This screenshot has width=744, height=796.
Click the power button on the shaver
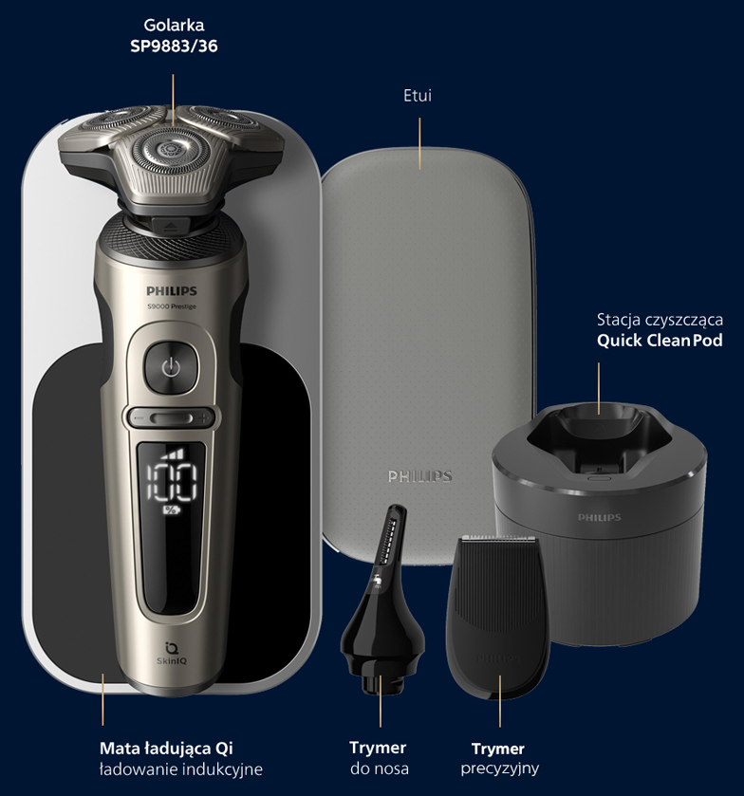click(x=171, y=367)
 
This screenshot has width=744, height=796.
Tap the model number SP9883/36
click(x=174, y=46)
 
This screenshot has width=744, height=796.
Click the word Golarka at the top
click(x=174, y=25)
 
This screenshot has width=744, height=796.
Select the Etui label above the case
click(x=418, y=96)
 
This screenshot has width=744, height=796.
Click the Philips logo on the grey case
click(x=419, y=476)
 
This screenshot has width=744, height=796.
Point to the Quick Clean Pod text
click(x=660, y=341)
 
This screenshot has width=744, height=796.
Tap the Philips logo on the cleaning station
click(x=599, y=517)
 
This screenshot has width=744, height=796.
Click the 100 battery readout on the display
click(x=171, y=481)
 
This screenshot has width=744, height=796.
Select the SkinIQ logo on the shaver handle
click(x=172, y=654)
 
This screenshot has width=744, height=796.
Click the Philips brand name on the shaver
click(x=172, y=291)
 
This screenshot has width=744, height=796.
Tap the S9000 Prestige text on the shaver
click(x=172, y=306)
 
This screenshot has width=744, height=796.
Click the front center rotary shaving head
click(x=163, y=151)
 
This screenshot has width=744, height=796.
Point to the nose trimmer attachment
click(x=382, y=600)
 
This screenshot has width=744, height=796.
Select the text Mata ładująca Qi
click(x=166, y=749)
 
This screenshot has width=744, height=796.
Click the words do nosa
click(x=380, y=768)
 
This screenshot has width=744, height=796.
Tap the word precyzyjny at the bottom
click(x=500, y=768)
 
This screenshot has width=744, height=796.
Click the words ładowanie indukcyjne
click(x=181, y=769)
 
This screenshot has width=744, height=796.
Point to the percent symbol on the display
click(x=171, y=509)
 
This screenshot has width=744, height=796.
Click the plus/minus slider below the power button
click(x=172, y=418)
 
